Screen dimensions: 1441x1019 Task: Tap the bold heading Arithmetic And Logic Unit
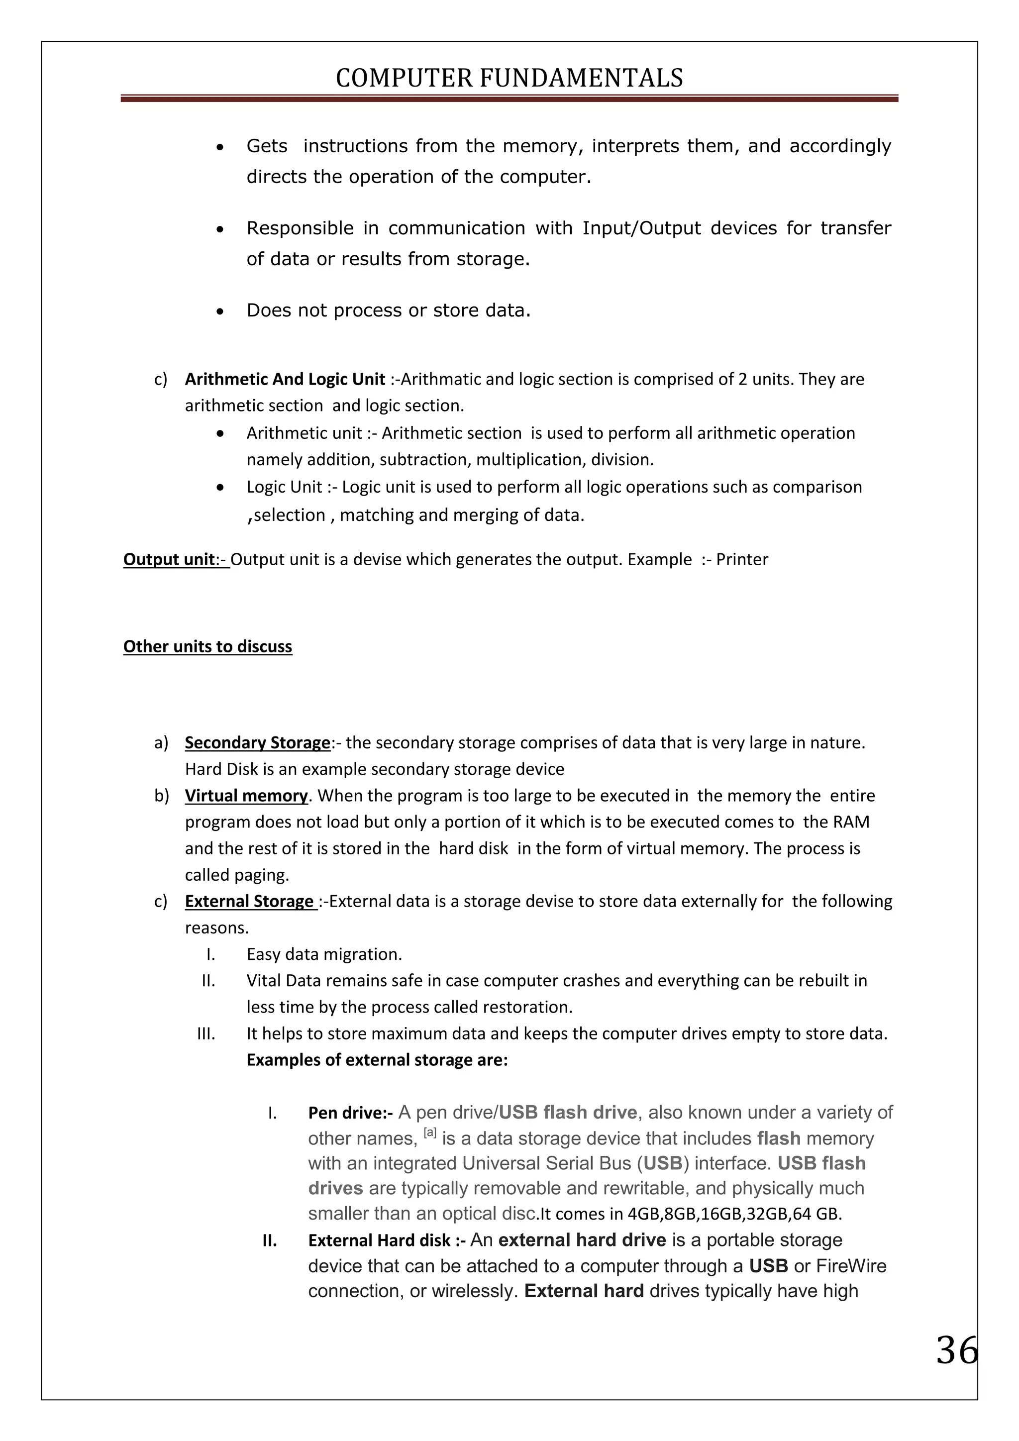pos(285,379)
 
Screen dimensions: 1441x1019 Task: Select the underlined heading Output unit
pos(169,559)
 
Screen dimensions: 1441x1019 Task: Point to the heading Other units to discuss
pos(207,646)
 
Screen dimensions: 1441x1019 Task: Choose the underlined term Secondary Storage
pos(257,742)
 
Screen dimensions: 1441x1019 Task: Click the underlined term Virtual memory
pos(246,796)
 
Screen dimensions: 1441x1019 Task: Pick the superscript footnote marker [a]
pos(430,1133)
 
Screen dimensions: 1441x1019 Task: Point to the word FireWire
pos(851,1266)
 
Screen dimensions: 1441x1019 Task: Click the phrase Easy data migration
pos(324,954)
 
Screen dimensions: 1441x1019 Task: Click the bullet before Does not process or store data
pos(219,311)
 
